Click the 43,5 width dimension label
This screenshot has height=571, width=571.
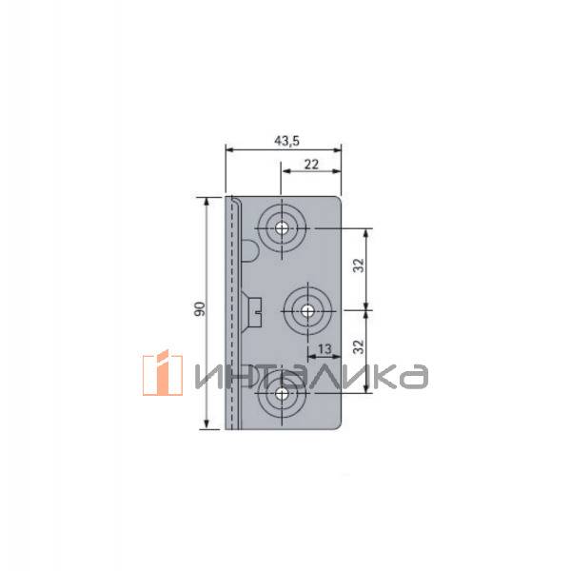coord(287,141)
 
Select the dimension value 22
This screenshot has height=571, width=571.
coord(311,165)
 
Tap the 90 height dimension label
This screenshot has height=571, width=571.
coord(200,308)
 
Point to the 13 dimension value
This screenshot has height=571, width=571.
coord(325,349)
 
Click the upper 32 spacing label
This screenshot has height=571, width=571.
coord(359,266)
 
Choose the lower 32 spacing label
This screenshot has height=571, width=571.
coord(359,346)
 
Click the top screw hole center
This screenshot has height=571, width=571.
coord(282,228)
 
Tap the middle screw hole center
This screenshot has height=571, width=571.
coord(308,311)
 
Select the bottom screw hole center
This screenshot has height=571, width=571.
coord(282,393)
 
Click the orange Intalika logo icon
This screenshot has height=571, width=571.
coord(163,373)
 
